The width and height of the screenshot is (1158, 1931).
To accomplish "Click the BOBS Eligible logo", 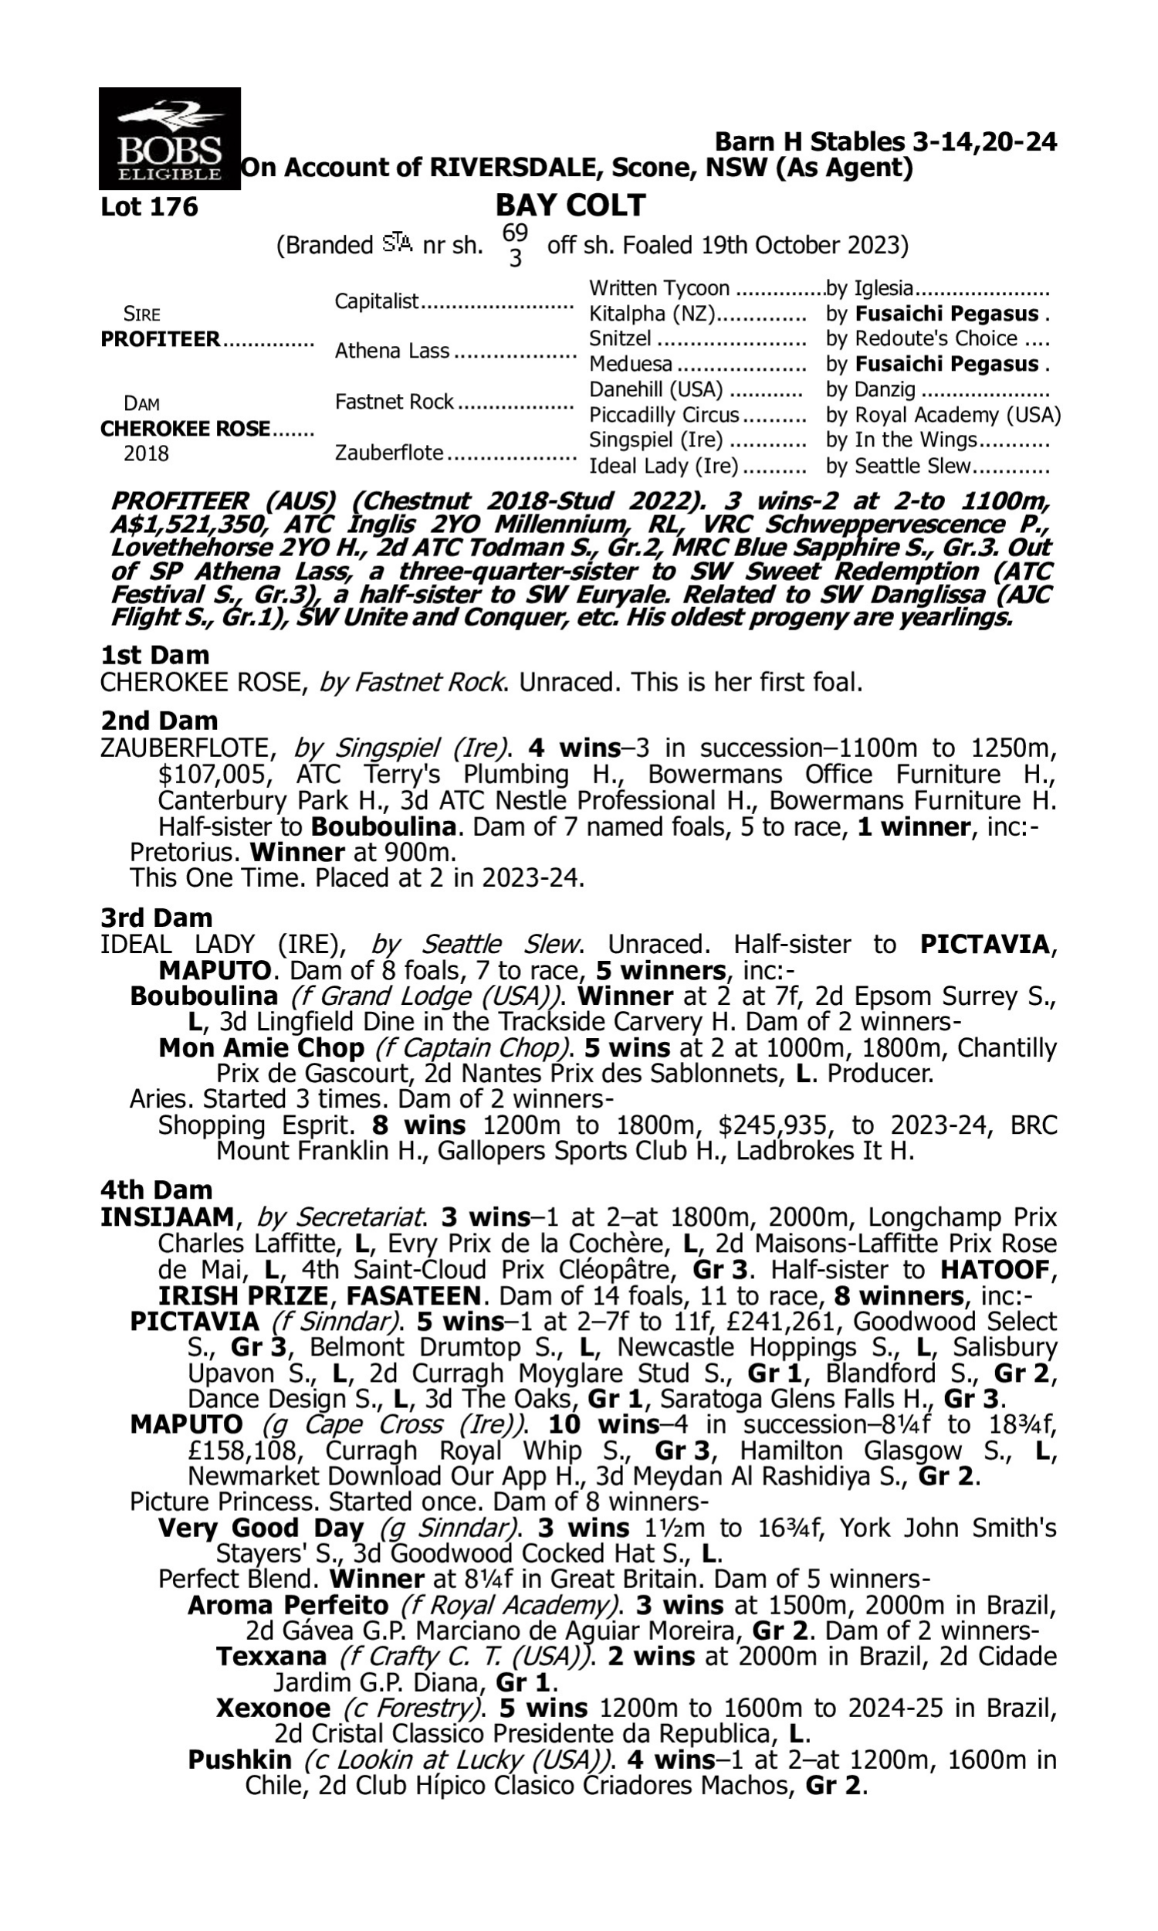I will [x=169, y=138].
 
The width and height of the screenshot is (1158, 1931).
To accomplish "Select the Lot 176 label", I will [x=149, y=207].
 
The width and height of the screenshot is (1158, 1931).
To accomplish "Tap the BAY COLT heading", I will [x=571, y=205].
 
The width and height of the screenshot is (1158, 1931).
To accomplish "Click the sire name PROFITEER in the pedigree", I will [x=161, y=340].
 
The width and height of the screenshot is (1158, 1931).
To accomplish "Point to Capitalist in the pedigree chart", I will [x=377, y=301].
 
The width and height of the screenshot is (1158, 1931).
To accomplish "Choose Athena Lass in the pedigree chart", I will [x=391, y=351].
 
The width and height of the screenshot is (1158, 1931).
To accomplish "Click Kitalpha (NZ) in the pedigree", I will [x=652, y=314].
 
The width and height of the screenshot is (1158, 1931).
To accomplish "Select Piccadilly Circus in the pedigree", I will [x=664, y=415].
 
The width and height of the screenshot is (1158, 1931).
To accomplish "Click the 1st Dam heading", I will [x=154, y=655].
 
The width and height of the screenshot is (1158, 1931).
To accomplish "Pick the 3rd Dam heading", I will [x=156, y=917].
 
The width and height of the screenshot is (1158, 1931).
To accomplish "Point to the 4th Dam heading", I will [x=156, y=1189].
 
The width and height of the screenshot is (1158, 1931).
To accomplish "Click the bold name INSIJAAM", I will [x=167, y=1217].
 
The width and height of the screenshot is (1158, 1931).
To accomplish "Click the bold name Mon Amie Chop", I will [x=261, y=1047].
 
